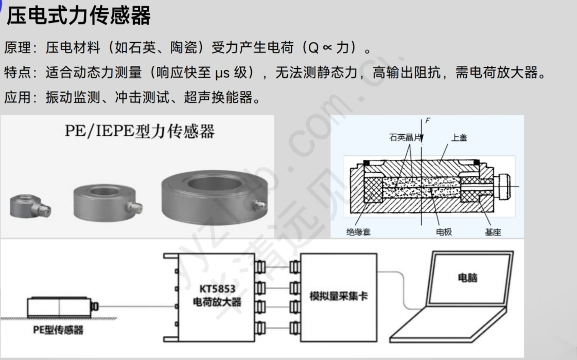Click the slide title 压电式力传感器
[79, 15]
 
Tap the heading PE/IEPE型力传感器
[140, 131]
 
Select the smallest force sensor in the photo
[30, 206]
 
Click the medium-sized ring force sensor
[108, 203]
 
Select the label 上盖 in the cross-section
[459, 137]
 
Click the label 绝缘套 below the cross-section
[358, 232]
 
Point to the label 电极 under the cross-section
[444, 232]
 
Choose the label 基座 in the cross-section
[493, 232]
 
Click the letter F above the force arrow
[428, 120]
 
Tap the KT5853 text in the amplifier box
[217, 289]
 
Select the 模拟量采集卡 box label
[339, 296]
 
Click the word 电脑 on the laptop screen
[468, 278]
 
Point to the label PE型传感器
[58, 330]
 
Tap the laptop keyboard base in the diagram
[449, 326]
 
